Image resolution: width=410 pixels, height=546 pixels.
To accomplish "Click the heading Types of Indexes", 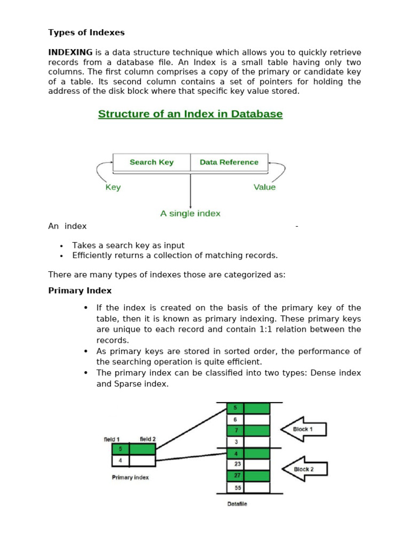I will click(86, 33).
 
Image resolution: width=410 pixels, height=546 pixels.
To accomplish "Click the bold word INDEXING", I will click(70, 52).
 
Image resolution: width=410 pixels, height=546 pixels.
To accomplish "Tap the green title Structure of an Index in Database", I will click(190, 114).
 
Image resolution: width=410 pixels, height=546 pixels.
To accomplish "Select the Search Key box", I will click(152, 162).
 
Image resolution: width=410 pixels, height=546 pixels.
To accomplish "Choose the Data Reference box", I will click(229, 162).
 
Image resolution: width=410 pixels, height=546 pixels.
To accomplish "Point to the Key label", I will click(113, 187).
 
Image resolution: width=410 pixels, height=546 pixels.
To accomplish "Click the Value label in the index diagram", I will click(265, 187).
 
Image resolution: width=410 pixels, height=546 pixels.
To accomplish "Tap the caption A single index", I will click(190, 213).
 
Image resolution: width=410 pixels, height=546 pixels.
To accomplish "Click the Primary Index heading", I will click(80, 291).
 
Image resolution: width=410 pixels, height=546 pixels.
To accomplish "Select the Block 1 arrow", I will click(303, 429).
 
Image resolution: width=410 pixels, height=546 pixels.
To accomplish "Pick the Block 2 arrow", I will click(303, 469).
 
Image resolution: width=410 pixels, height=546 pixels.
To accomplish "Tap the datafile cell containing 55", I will click(236, 488).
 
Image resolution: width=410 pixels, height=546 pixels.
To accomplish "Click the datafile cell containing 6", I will click(235, 419).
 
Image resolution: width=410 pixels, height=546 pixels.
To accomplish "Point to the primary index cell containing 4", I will click(121, 460).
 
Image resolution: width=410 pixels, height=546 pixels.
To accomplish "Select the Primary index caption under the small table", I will click(130, 477).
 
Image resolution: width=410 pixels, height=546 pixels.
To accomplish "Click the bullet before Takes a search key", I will click(61, 246).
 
